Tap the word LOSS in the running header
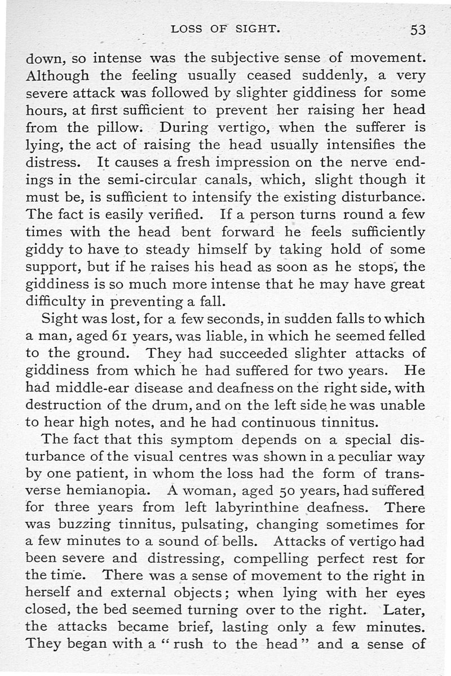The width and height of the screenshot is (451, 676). click(188, 29)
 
